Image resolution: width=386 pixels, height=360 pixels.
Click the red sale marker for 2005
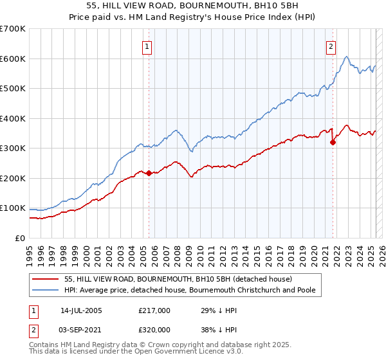149,173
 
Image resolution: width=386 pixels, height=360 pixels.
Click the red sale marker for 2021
333,143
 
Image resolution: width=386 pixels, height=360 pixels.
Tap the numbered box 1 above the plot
147,46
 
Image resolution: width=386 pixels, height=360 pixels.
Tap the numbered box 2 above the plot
331,46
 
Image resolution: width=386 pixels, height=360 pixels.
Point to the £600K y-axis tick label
12,59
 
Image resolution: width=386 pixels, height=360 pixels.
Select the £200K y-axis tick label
12,178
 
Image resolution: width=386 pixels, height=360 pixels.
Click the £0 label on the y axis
19,238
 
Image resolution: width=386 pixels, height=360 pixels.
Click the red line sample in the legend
45,279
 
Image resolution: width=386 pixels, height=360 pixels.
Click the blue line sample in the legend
45,290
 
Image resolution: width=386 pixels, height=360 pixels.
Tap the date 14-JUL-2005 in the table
81,310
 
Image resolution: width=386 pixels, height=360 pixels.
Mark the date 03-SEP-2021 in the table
81,330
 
